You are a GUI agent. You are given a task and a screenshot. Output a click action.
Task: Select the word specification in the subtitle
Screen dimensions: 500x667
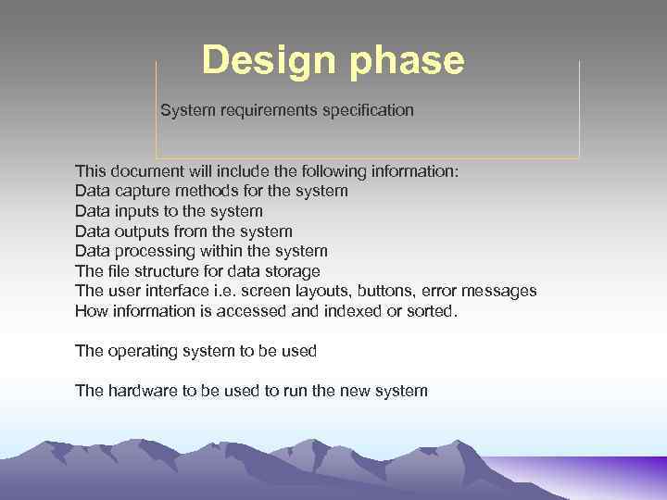(368, 110)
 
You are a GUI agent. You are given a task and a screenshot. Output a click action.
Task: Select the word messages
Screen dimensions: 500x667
(501, 291)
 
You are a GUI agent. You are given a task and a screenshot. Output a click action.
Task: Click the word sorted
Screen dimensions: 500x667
(434, 311)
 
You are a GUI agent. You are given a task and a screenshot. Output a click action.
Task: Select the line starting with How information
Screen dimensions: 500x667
(266, 311)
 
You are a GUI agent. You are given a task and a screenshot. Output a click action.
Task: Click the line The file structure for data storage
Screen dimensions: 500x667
(197, 271)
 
